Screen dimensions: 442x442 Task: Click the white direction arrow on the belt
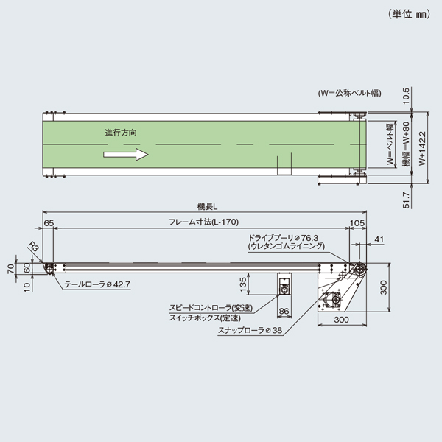click(125, 155)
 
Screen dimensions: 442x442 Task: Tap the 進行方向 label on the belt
click(120, 133)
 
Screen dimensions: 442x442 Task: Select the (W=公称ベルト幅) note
click(346, 94)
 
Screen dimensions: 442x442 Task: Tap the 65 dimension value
click(49, 222)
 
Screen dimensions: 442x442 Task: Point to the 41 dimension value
click(379, 240)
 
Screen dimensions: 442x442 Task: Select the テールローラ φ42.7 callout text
click(97, 283)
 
